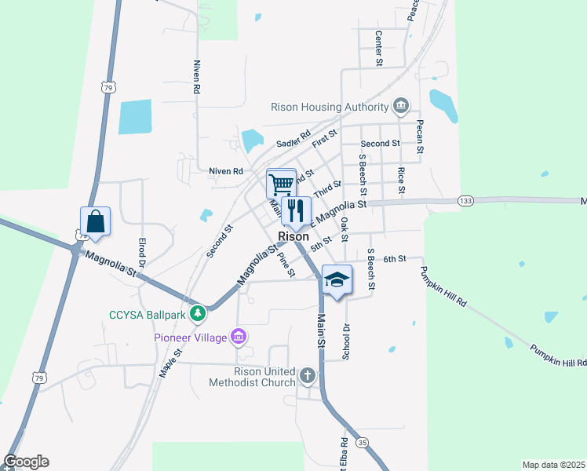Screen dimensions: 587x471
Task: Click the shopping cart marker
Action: coord(281,184)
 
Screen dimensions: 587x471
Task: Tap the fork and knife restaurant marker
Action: coord(297,210)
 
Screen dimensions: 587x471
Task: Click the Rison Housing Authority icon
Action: coord(401,106)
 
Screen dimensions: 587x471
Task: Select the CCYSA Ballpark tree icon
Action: coord(199,315)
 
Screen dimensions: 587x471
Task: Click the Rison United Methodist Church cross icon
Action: coord(307,377)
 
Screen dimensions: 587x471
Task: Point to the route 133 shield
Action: coord(466,202)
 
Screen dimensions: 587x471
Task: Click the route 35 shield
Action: coord(361,443)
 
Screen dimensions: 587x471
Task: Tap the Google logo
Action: coord(26,462)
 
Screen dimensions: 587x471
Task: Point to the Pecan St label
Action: coord(421,138)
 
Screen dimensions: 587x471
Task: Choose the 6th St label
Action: coord(394,258)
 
